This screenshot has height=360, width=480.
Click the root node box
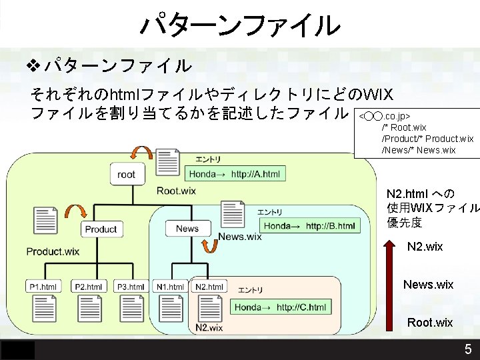coord(126,175)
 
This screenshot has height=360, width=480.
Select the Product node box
coord(101,229)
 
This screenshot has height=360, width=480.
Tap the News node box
coord(187,229)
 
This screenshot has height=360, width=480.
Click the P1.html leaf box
coord(43,287)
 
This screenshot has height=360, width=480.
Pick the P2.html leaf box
coord(88,287)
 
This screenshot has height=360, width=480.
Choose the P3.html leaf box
coord(131,287)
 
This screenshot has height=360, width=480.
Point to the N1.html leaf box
coord(170,287)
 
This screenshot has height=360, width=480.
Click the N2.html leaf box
coord(209,287)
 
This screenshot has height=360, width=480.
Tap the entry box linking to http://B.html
coord(310,226)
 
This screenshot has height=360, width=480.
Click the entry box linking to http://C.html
coord(281,307)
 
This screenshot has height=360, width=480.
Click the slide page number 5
coord(468,349)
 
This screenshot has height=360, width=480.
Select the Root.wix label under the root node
coord(176,191)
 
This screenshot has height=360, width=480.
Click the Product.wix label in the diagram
coord(53,251)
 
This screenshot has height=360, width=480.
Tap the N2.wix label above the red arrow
coord(425,247)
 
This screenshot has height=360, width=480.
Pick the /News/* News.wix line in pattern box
coord(418,150)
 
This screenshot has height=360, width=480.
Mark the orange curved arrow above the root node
coord(141,152)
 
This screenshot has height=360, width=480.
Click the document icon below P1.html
coord(43,309)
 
